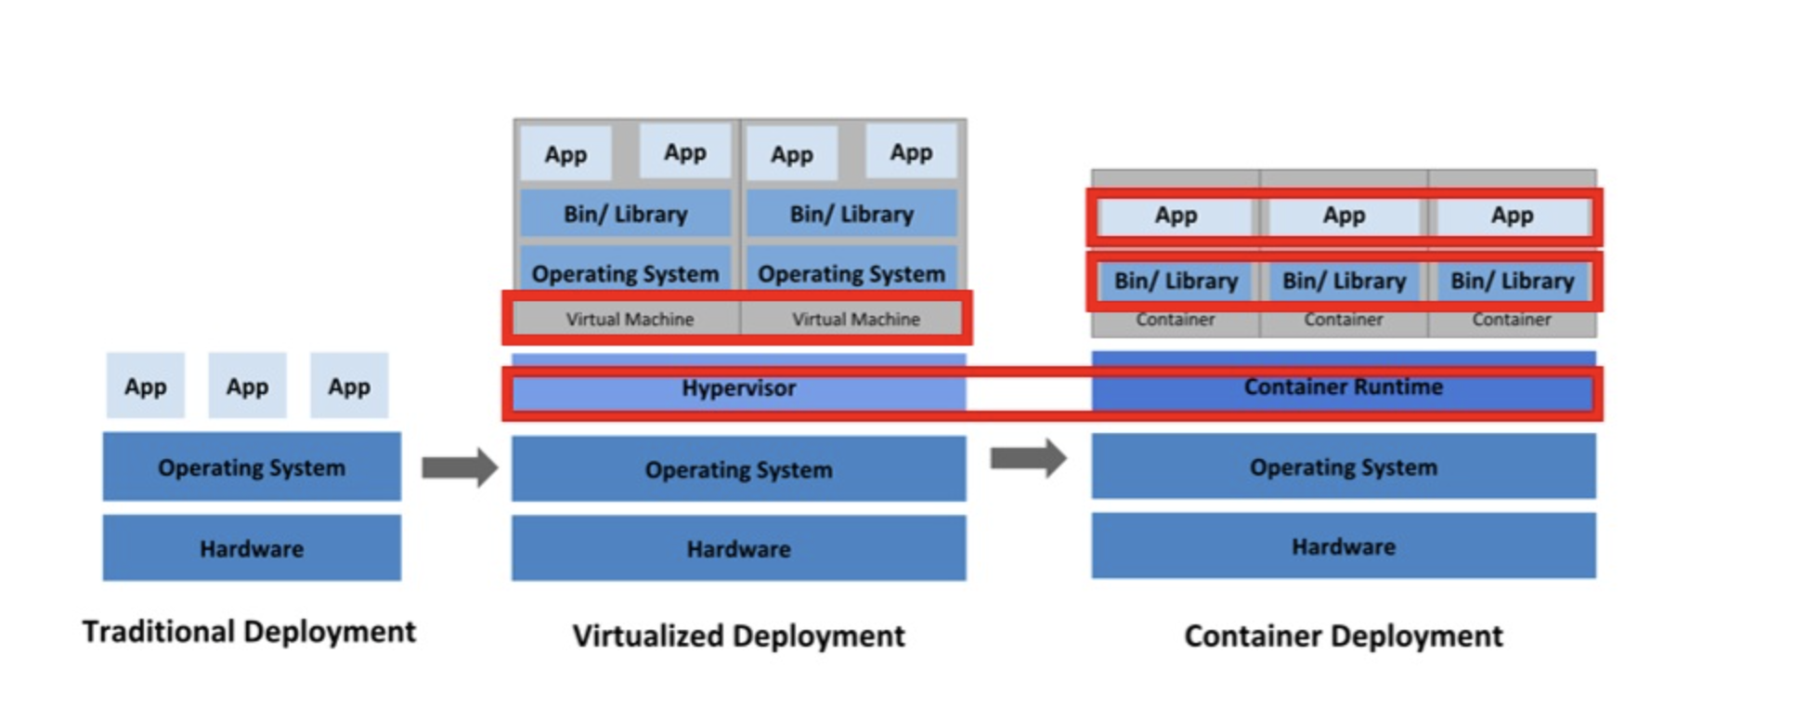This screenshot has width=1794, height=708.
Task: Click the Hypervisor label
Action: pos(738,388)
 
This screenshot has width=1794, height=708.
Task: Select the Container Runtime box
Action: pos(1343,387)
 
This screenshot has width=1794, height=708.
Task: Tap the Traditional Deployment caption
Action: pos(249,632)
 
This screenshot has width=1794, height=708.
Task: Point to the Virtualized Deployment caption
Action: pos(738,636)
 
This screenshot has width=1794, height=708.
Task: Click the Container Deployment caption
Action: pos(1343,636)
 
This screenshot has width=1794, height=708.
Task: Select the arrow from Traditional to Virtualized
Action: pos(460,467)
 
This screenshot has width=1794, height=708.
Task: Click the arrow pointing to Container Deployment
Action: pos(1028,458)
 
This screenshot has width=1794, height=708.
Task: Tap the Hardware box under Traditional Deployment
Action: pos(252,549)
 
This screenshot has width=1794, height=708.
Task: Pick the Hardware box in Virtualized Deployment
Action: pos(738,549)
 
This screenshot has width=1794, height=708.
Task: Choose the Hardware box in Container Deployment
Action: pos(1343,546)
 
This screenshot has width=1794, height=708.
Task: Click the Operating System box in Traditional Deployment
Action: pos(252,467)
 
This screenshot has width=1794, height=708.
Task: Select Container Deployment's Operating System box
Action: pos(1343,467)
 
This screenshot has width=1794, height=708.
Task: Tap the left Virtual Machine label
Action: pos(630,320)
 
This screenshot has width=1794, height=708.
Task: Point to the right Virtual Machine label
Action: pos(855,320)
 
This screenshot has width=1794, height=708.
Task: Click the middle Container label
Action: pos(1343,320)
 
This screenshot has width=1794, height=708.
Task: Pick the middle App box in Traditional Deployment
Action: pos(247,387)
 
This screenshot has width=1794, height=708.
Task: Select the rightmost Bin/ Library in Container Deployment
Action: pos(1512,281)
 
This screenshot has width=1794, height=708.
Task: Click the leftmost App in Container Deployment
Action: pos(1176,216)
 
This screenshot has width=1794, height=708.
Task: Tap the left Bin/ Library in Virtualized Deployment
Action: pos(625,215)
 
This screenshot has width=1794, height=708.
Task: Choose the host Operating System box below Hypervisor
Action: pos(738,470)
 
